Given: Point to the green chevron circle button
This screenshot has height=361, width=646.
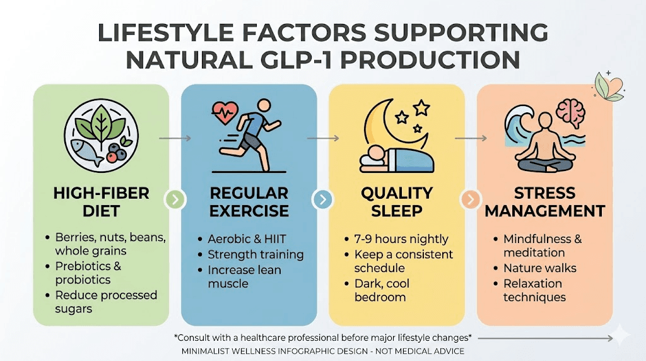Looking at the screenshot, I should pyautogui.click(x=175, y=200).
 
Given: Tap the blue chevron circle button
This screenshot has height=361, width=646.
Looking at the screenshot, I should pyautogui.click(x=322, y=200).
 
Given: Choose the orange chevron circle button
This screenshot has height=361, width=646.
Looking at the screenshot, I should pyautogui.click(x=470, y=200).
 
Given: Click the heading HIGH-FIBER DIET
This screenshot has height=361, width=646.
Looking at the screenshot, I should pyautogui.click(x=101, y=202).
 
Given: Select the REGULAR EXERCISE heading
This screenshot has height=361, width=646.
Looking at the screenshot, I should pyautogui.click(x=249, y=202).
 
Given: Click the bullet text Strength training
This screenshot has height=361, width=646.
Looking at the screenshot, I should pyautogui.click(x=255, y=255).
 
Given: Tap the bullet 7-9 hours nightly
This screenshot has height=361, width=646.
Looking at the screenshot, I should pyautogui.click(x=401, y=239).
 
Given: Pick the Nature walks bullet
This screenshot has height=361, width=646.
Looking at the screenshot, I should pyautogui.click(x=539, y=268).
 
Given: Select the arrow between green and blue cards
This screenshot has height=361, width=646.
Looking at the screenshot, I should pyautogui.click(x=175, y=137).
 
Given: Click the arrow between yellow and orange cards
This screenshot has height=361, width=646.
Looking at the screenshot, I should pyautogui.click(x=470, y=137).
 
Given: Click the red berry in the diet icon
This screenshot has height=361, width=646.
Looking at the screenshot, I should pyautogui.click(x=112, y=157).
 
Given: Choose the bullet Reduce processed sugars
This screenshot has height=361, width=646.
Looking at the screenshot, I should pyautogui.click(x=106, y=302).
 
